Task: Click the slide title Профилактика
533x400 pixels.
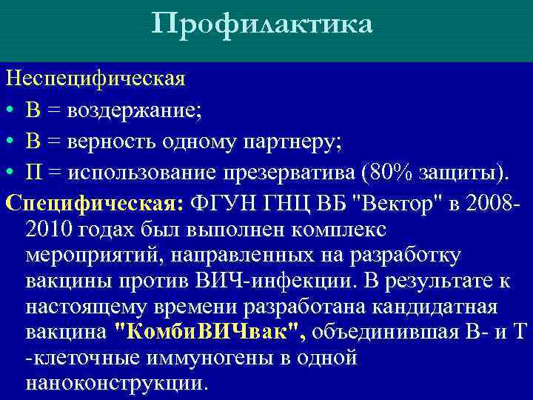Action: tap(262, 25)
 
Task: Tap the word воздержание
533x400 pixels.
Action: tap(134, 110)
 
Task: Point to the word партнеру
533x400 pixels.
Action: tap(289, 142)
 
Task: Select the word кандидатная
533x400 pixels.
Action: tap(435, 307)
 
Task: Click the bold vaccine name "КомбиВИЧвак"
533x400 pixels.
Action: tap(211, 332)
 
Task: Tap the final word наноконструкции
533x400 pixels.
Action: tap(116, 383)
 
